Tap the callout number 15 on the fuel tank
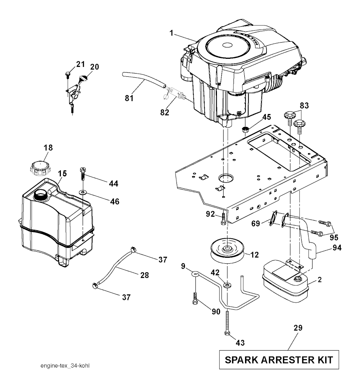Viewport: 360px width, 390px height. (x=62, y=174)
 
